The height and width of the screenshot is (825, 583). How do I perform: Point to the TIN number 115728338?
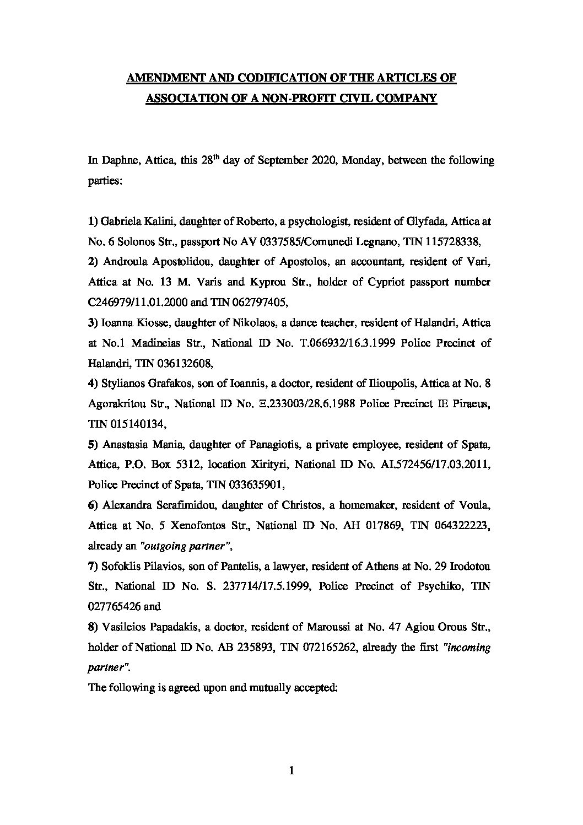[457, 242]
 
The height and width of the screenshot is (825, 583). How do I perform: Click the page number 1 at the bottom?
[291, 772]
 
